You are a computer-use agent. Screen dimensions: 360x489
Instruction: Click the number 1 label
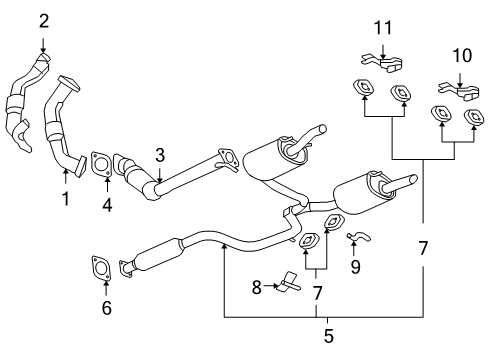65,199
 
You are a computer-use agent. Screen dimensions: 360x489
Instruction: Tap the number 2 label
43,20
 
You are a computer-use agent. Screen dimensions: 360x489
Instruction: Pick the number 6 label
106,308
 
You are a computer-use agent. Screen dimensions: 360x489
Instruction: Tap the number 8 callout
255,287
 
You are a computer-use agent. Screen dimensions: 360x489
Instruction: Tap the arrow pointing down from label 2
43,43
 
